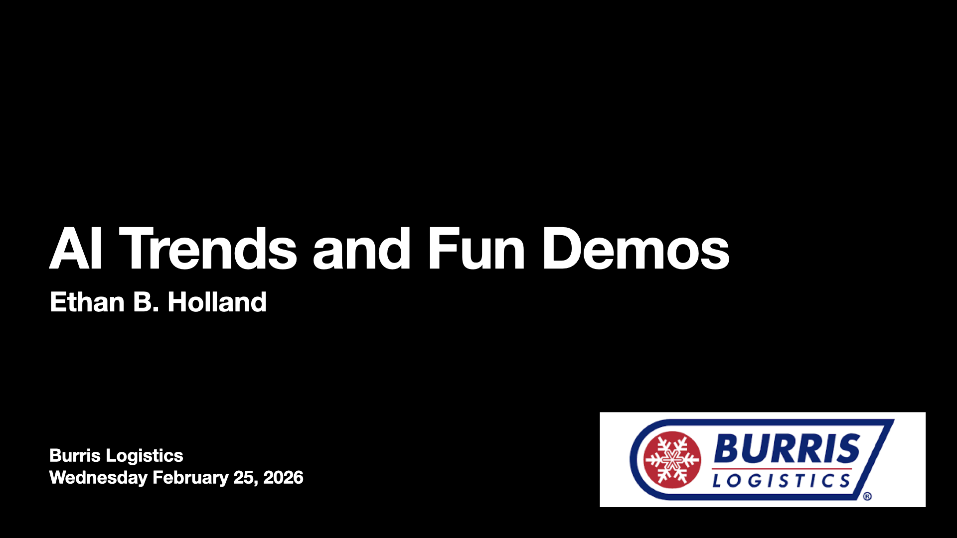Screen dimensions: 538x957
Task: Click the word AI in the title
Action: (x=76, y=249)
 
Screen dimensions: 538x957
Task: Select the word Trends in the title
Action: (x=208, y=249)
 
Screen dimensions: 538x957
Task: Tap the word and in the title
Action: (x=361, y=249)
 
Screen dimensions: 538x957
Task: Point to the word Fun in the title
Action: (x=476, y=249)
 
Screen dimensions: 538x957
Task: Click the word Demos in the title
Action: (x=636, y=249)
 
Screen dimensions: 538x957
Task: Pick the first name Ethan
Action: (x=87, y=302)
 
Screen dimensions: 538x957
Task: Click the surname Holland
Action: (x=217, y=302)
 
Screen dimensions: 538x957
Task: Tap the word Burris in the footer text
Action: (x=75, y=455)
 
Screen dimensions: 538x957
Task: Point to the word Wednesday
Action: (x=98, y=478)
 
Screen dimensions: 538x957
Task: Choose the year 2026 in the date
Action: (x=283, y=478)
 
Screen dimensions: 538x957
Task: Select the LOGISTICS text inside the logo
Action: (x=781, y=481)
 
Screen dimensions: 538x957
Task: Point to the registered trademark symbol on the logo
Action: (x=867, y=497)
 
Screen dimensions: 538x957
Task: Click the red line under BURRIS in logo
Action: (x=782, y=469)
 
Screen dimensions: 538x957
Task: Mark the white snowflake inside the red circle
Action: (x=672, y=460)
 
